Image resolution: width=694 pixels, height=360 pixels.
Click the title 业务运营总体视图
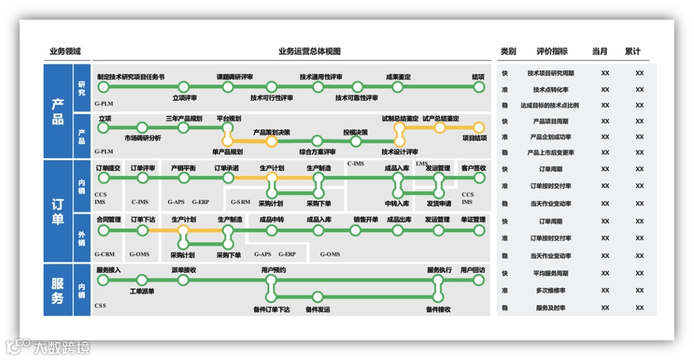coord(308,51)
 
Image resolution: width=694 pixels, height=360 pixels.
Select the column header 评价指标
coord(552,51)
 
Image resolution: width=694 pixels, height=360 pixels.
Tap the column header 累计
coord(633,51)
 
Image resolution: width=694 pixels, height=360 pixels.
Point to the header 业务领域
coord(66,51)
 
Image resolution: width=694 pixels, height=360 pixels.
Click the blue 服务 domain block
coord(58,290)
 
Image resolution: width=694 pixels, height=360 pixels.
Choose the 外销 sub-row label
coord(82,238)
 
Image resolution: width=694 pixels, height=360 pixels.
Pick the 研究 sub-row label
coord(82,88)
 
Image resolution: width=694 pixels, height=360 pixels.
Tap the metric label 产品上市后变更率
coord(551,153)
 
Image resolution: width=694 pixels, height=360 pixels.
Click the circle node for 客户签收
coord(479,177)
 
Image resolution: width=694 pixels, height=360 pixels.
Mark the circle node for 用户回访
coord(479,280)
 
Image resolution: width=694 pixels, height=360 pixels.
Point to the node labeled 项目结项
coord(479,127)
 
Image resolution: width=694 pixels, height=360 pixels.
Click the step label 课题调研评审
coord(235,77)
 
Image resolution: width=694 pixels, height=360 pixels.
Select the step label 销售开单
coord(366,219)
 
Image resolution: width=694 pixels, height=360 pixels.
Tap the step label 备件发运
coord(317,309)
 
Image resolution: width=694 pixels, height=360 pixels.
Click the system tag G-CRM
coord(104,254)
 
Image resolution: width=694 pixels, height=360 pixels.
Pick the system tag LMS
coord(422,164)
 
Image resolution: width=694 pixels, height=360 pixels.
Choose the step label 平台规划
coord(229,118)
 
